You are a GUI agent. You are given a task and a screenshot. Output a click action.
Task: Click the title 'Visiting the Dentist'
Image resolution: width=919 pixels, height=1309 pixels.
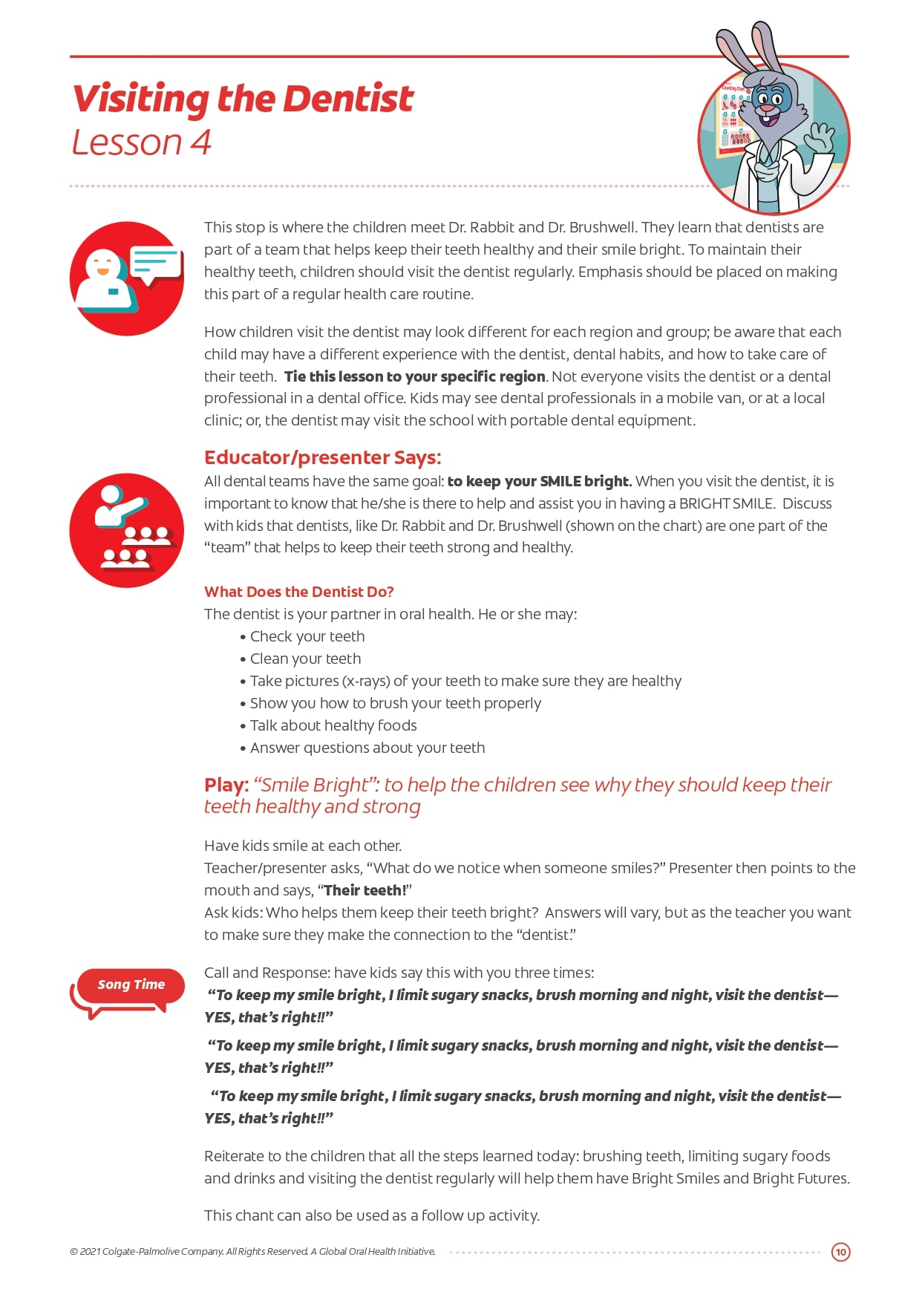242,99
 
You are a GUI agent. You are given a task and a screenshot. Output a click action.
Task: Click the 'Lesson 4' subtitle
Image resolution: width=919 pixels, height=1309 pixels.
141,143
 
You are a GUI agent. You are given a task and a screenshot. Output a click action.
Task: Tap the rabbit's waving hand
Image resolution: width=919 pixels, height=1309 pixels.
822,137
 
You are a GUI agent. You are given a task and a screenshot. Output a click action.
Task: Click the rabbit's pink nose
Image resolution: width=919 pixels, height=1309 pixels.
765,111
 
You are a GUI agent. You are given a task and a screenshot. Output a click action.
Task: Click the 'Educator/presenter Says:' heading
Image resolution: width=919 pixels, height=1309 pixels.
322,457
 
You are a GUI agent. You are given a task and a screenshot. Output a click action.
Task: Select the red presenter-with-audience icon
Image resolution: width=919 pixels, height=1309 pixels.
126,530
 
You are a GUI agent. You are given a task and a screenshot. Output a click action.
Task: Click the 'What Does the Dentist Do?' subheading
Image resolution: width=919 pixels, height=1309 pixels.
298,592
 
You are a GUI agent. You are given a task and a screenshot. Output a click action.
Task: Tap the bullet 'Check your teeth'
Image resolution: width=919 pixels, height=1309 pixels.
307,636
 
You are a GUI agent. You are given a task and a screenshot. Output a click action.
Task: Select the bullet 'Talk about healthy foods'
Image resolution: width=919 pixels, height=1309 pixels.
333,725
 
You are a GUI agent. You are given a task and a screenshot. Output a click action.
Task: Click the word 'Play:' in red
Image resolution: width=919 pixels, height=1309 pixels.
226,785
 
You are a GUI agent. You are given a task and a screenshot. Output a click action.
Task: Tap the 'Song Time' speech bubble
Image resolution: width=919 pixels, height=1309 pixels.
130,985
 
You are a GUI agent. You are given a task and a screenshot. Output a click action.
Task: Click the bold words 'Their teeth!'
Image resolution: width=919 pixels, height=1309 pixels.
364,890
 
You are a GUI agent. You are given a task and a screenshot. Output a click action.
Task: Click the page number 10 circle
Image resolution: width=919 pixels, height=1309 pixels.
840,1252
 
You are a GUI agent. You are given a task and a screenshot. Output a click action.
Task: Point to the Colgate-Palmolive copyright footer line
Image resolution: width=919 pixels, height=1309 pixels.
252,1252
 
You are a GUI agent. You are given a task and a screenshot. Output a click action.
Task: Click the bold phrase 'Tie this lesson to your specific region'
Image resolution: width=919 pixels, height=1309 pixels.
414,376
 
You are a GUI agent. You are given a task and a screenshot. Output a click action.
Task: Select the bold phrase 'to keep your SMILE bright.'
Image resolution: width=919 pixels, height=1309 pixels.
539,481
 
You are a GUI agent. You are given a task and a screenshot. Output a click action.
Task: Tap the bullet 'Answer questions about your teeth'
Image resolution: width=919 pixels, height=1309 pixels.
367,748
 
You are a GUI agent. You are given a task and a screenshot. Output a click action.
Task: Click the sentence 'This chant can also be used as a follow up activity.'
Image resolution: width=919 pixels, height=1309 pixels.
371,1215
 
